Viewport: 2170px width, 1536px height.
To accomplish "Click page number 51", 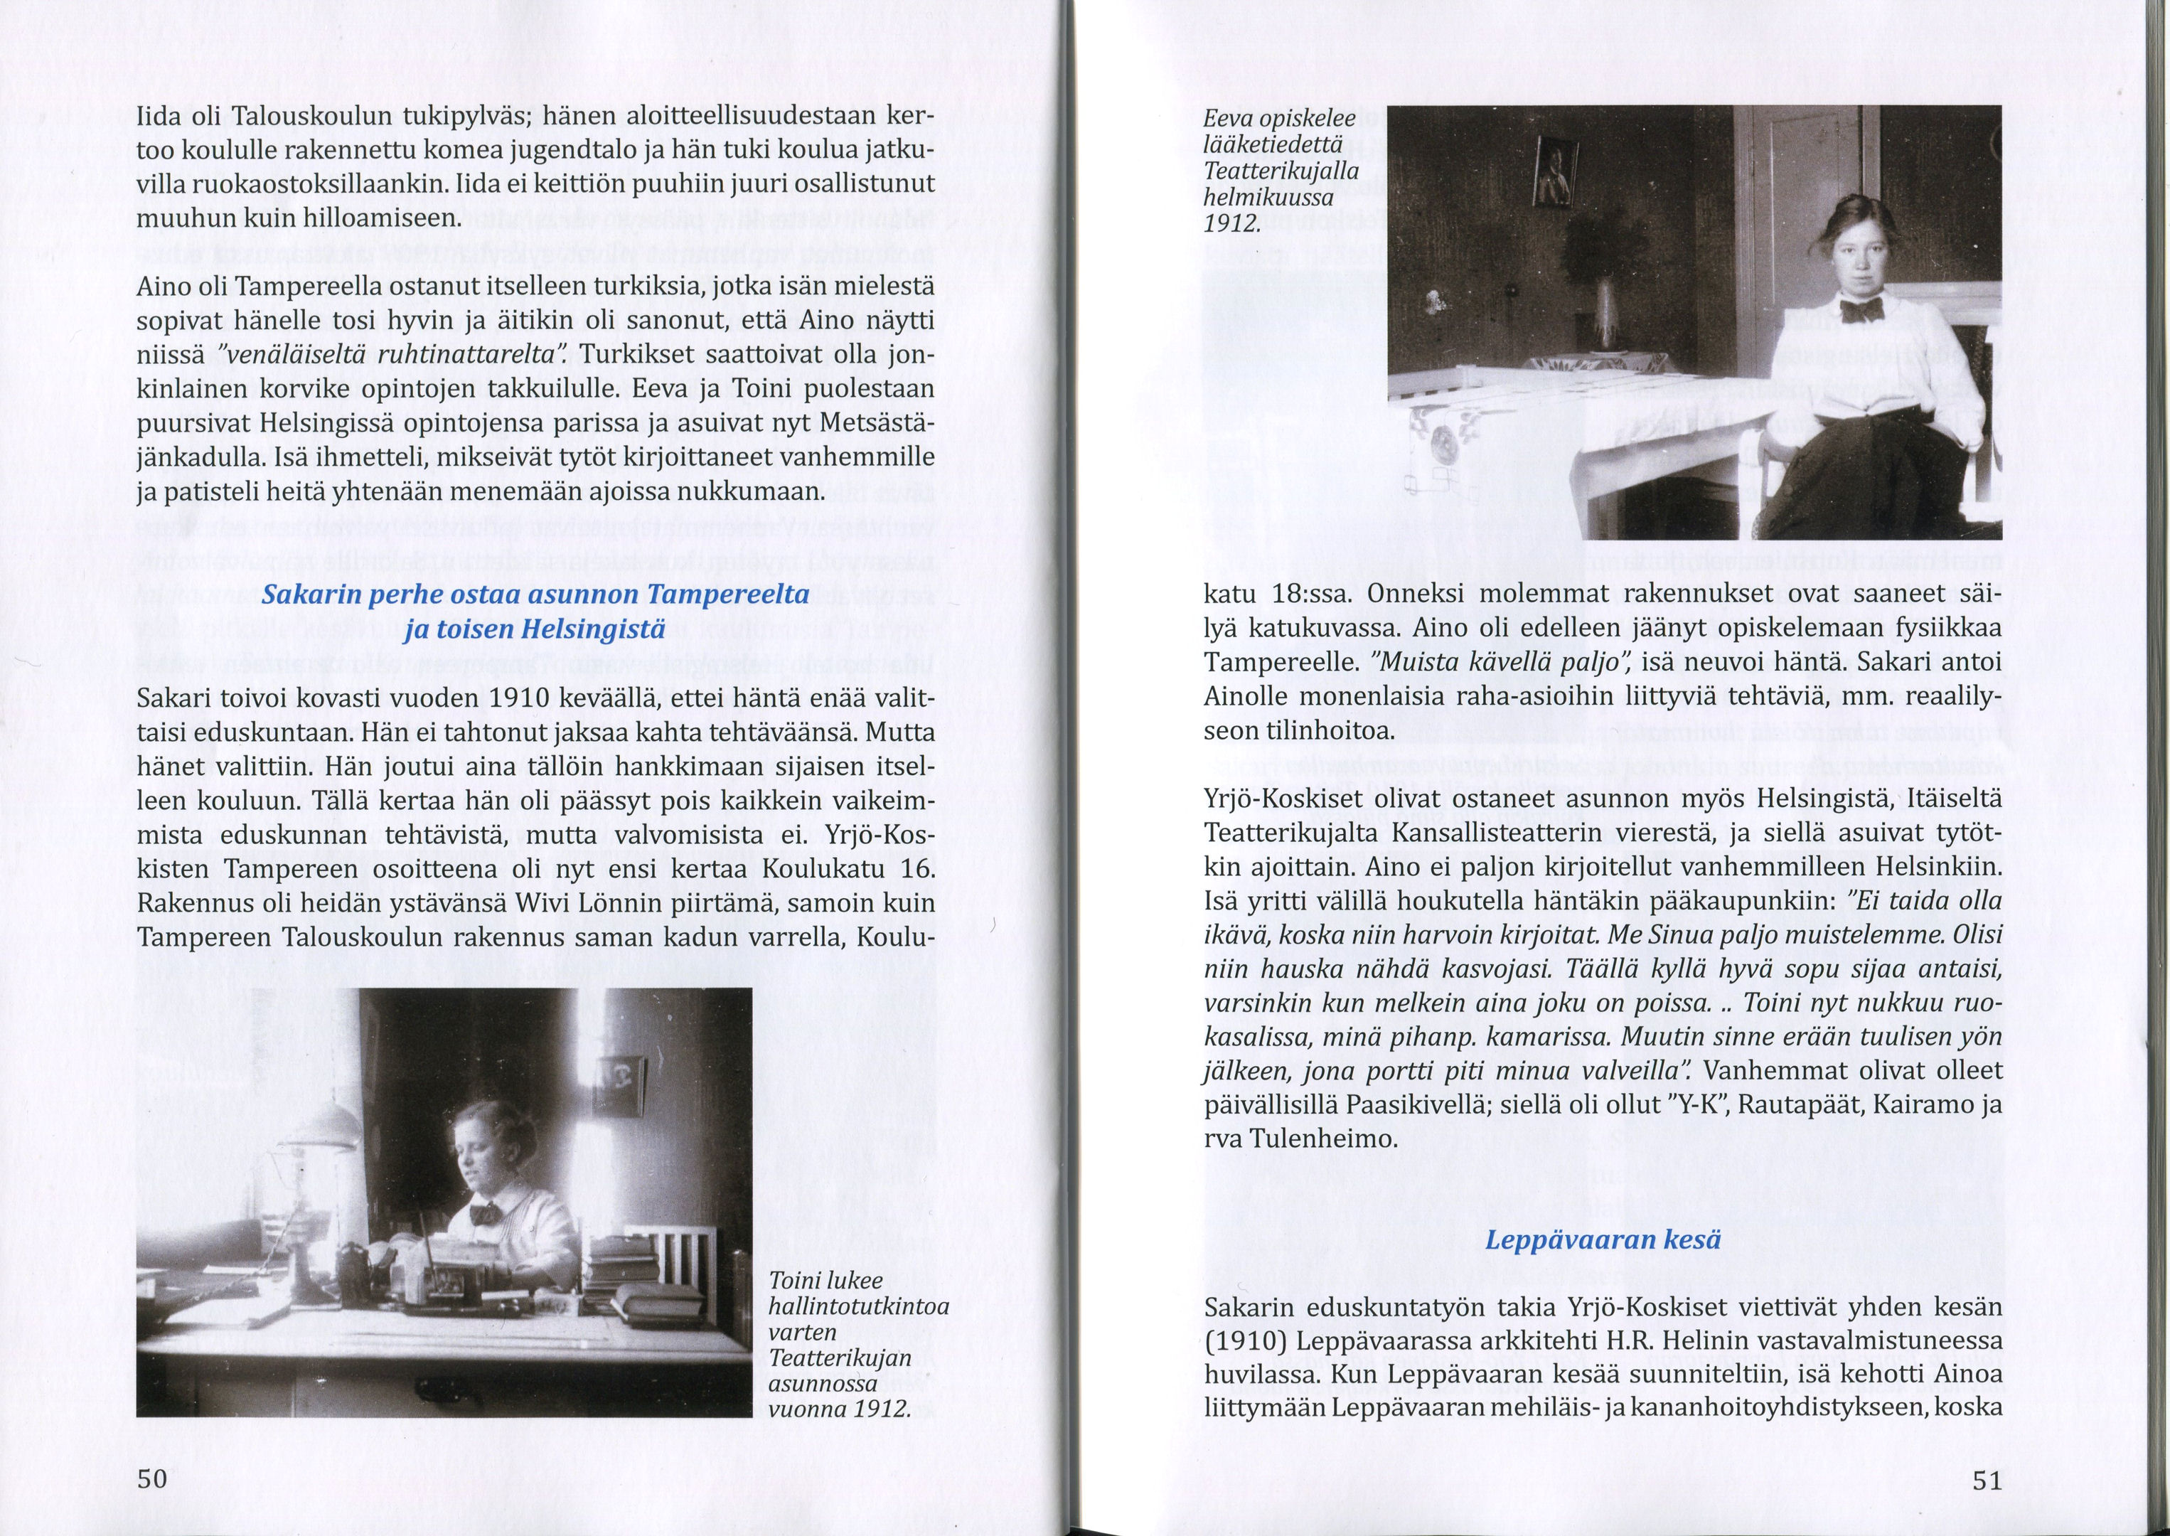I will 1987,1481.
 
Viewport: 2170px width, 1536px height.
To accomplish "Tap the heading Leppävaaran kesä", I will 1603,1240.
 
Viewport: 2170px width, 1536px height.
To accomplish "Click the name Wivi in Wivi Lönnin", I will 542,903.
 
